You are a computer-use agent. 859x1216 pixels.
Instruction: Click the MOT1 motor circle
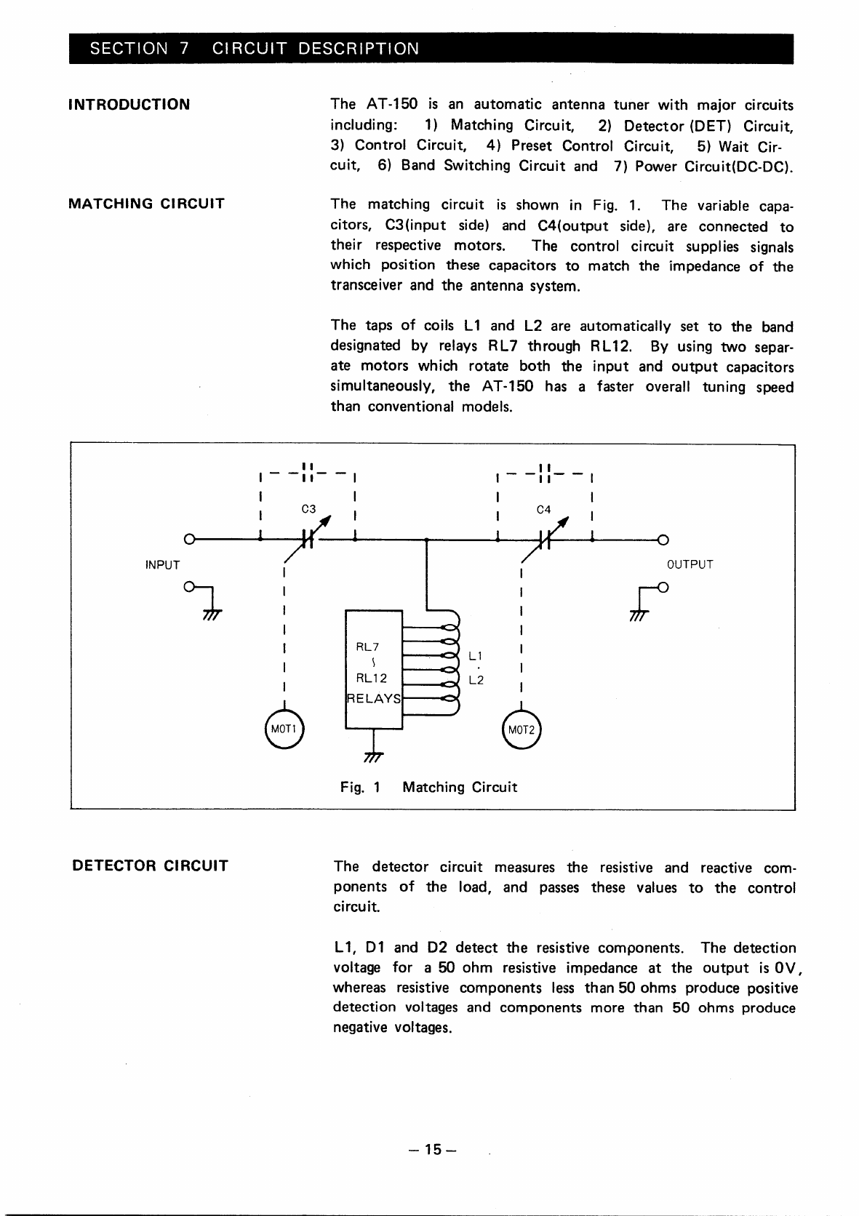[x=281, y=728]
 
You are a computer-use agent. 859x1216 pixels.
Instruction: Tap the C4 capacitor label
[x=544, y=509]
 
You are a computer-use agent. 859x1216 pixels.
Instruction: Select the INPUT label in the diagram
[x=163, y=564]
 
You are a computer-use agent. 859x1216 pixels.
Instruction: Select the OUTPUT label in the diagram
[x=690, y=564]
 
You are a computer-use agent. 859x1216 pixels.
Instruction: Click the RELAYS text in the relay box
[x=374, y=699]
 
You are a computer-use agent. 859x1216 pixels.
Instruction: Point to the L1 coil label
[x=476, y=655]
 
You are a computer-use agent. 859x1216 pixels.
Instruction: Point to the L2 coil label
[x=476, y=681]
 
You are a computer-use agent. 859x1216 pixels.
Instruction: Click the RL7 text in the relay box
[x=368, y=647]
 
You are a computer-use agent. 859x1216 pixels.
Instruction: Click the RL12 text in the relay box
[x=371, y=678]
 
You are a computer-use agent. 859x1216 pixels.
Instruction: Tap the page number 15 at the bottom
[x=432, y=1149]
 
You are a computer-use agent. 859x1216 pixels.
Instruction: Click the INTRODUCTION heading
[x=129, y=104]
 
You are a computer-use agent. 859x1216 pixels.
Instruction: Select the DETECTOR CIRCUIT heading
[x=150, y=865]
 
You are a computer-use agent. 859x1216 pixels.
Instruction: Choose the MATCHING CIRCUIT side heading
[x=146, y=204]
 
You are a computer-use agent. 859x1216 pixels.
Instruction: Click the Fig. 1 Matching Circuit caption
[x=428, y=787]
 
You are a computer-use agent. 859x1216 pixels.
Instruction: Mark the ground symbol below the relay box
[x=372, y=756]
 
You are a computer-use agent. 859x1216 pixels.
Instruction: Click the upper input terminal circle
[x=189, y=539]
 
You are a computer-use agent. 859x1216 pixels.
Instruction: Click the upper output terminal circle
[x=663, y=539]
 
